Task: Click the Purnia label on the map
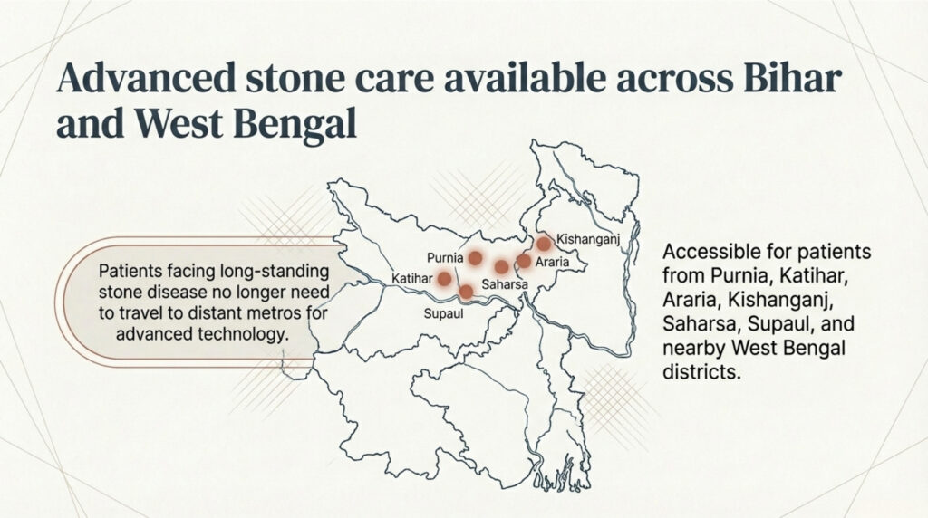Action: (x=445, y=257)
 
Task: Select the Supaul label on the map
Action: (x=444, y=313)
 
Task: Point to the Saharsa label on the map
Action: (x=505, y=284)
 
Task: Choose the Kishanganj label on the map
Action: (x=586, y=239)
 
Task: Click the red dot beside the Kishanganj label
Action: (x=544, y=243)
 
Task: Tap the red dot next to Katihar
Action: (x=444, y=278)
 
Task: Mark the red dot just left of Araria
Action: (x=524, y=261)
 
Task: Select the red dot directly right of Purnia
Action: (x=474, y=259)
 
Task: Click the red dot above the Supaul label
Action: (x=466, y=291)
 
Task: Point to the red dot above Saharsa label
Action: (x=501, y=266)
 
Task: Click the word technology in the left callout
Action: (x=238, y=334)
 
